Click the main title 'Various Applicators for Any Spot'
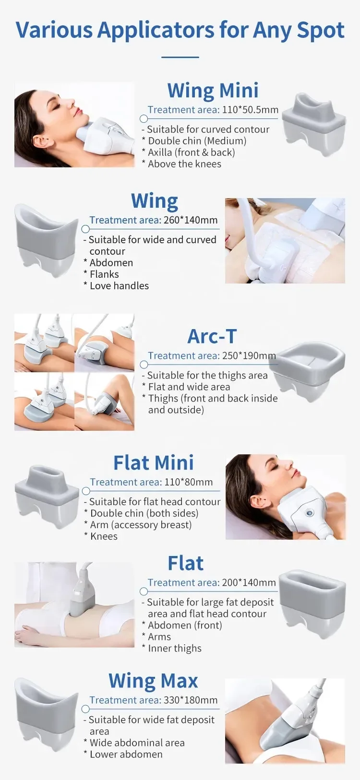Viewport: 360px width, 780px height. pyautogui.click(x=180, y=30)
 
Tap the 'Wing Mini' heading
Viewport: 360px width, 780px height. pyautogui.click(x=213, y=90)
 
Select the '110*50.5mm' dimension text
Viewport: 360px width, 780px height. pyautogui.click(x=250, y=110)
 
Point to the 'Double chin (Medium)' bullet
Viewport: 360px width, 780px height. pyautogui.click(x=194, y=141)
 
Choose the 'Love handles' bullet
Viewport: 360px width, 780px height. pyautogui.click(x=116, y=285)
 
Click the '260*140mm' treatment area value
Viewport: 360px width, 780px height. pyautogui.click(x=190, y=220)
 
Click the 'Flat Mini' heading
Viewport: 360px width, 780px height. pyautogui.click(x=153, y=462)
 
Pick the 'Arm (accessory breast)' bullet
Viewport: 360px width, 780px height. pyautogui.click(x=138, y=524)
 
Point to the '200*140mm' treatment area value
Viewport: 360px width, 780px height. pyautogui.click(x=249, y=582)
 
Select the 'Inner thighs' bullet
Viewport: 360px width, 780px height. pyautogui.click(x=172, y=648)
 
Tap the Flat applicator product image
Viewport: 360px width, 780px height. pyautogui.click(x=313, y=603)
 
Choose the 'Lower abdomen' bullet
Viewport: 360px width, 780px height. pyautogui.click(x=123, y=754)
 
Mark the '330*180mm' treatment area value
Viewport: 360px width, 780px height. pyautogui.click(x=190, y=700)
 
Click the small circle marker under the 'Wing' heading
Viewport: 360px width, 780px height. pyautogui.click(x=85, y=229)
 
